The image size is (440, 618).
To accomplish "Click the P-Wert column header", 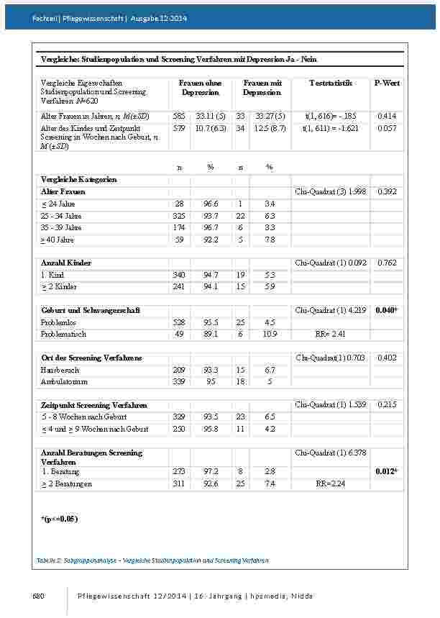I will (387, 83).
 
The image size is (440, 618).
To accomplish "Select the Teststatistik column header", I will (330, 83).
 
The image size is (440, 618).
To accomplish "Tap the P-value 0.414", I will (387, 116).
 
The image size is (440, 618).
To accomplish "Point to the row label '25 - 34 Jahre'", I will (62, 216).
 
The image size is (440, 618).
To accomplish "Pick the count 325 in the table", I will (179, 216).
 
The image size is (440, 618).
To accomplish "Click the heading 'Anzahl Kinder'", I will (66, 263).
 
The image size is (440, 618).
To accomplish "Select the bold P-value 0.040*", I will (387, 310).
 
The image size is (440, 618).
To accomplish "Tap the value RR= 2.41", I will (330, 334).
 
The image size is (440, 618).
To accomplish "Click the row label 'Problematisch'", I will (63, 334).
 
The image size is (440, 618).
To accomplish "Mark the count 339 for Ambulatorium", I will (179, 381).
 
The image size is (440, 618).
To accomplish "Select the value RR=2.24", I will (330, 484).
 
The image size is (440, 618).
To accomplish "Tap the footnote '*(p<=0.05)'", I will (59, 518).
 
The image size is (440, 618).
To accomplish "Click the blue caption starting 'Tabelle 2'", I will (152, 559).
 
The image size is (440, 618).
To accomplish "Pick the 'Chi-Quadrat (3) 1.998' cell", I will (331, 192).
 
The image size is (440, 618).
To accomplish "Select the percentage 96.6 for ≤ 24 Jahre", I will (211, 204).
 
